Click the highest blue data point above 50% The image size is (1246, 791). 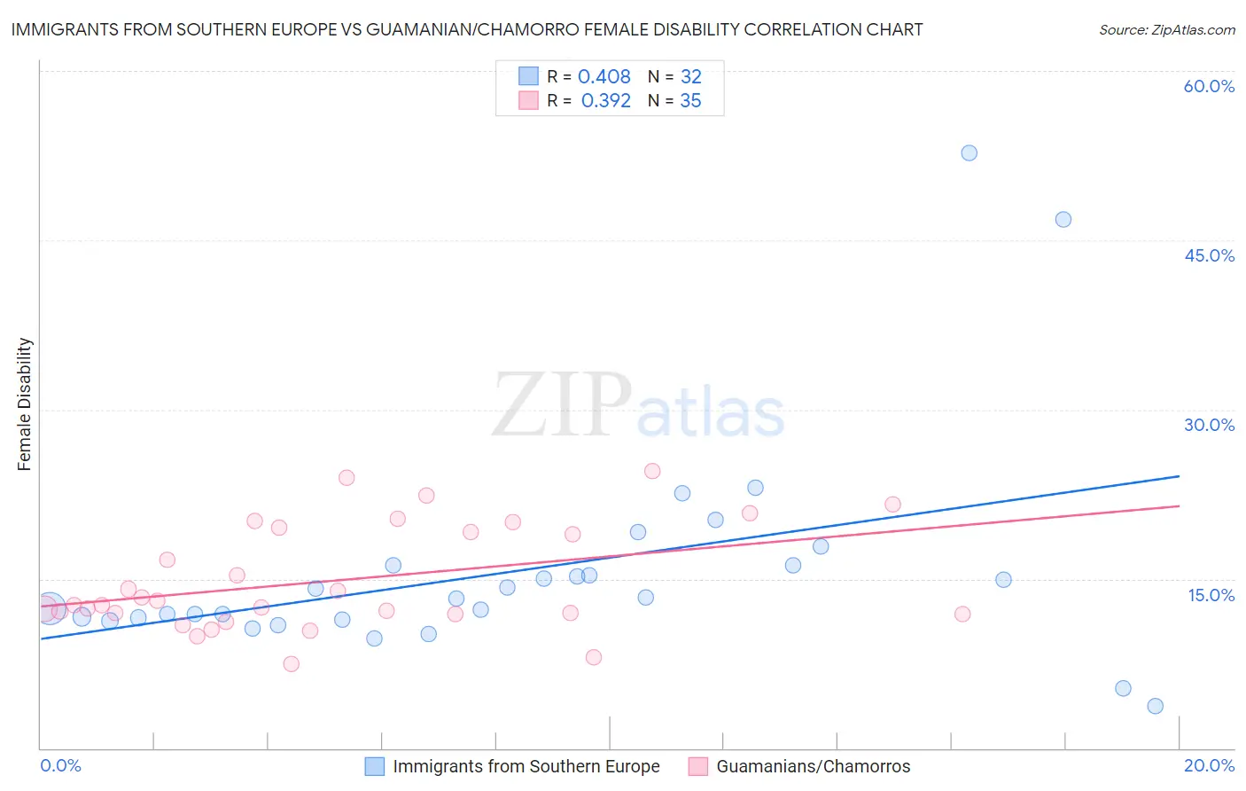pyautogui.click(x=969, y=153)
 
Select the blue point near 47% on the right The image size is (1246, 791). pyautogui.click(x=1063, y=219)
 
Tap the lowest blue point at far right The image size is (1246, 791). pyautogui.click(x=1155, y=706)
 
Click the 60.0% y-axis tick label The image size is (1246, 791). pyautogui.click(x=1209, y=86)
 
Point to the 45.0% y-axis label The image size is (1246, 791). pyautogui.click(x=1209, y=255)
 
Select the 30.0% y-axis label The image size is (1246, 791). pyautogui.click(x=1209, y=425)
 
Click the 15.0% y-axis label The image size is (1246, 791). pyautogui.click(x=1211, y=595)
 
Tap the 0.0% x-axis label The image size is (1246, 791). pyautogui.click(x=60, y=765)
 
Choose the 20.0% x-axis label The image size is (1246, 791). pyautogui.click(x=1209, y=765)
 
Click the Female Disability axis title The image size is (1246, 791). pyautogui.click(x=24, y=403)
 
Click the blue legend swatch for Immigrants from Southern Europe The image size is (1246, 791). pyautogui.click(x=375, y=766)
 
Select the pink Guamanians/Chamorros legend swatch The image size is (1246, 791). pyautogui.click(x=698, y=766)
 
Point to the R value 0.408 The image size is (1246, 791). pyautogui.click(x=604, y=77)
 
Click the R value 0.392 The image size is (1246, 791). pyautogui.click(x=605, y=101)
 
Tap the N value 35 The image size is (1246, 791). pyautogui.click(x=690, y=101)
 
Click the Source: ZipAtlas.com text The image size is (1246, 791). pyautogui.click(x=1166, y=30)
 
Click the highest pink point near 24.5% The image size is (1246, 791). pyautogui.click(x=652, y=471)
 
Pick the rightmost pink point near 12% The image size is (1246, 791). pyautogui.click(x=962, y=614)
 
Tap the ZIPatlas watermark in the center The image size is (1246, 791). pyautogui.click(x=638, y=407)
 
